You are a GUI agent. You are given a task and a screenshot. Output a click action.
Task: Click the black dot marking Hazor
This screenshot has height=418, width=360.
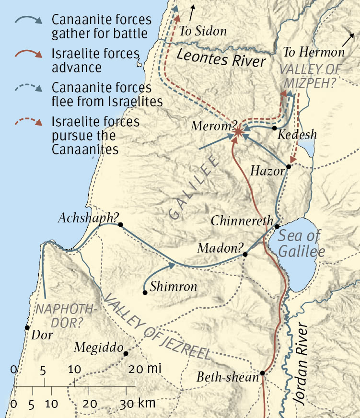tap(289, 167)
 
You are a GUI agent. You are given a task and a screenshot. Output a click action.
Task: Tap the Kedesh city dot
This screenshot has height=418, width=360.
tap(274, 128)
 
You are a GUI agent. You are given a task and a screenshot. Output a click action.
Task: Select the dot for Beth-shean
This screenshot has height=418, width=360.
tap(262, 373)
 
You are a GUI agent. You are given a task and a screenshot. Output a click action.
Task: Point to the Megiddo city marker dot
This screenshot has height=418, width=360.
tap(126, 354)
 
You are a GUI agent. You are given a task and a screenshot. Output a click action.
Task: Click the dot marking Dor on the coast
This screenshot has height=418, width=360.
tap(27, 328)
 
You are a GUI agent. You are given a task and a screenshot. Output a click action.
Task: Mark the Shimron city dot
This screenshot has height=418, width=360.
tap(144, 292)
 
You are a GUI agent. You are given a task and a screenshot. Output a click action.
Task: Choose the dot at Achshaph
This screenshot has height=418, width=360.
tap(120, 224)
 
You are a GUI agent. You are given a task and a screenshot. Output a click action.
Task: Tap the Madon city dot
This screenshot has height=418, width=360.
tap(245, 255)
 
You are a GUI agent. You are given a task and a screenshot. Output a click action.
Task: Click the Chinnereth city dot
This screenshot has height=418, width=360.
tap(277, 226)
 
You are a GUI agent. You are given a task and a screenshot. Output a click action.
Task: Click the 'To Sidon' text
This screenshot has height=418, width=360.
tap(203, 32)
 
